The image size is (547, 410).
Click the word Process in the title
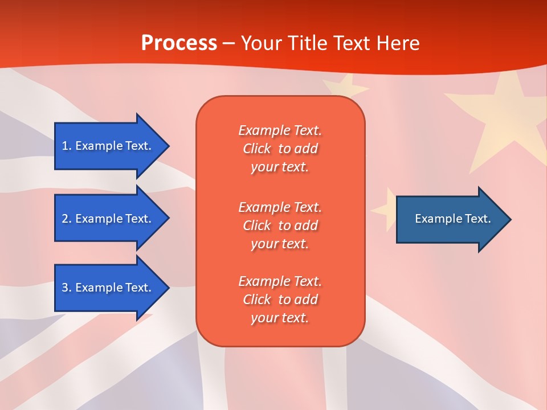point(179,43)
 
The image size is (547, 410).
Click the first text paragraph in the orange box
point(280,149)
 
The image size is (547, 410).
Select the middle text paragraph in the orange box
point(280,225)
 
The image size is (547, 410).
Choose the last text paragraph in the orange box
point(280,300)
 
